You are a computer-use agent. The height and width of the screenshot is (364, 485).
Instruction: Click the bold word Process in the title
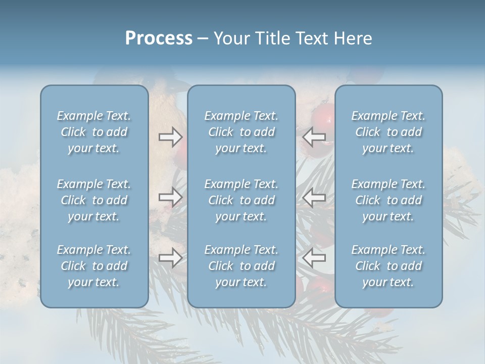[159, 38]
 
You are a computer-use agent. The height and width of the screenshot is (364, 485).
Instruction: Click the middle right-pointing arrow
[170, 197]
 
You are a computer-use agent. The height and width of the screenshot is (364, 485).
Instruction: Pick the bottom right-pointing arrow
[170, 258]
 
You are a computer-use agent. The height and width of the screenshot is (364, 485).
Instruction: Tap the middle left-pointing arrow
[314, 197]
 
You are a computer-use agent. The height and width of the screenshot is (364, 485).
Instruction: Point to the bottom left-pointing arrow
[314, 258]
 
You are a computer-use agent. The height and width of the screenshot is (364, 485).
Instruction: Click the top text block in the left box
[94, 132]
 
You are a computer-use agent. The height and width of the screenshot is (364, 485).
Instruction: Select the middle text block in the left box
[94, 200]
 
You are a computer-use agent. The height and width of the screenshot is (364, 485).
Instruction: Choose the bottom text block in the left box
[94, 266]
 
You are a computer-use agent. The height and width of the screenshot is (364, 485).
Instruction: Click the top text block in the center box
[241, 132]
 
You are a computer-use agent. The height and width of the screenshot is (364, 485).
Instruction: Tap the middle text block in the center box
[241, 200]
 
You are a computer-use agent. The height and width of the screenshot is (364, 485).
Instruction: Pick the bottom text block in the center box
[241, 266]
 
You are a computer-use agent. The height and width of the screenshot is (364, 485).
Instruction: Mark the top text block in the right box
[389, 132]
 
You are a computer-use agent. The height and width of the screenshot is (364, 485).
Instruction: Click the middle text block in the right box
[389, 200]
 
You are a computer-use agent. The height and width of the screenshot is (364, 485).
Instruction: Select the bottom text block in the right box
[389, 266]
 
